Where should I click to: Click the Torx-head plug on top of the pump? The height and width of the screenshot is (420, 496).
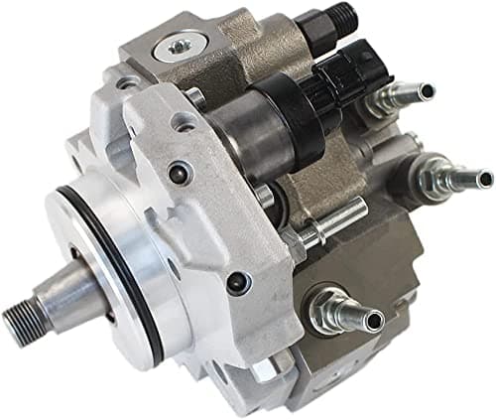[180, 46]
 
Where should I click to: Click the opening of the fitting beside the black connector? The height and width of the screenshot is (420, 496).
[427, 92]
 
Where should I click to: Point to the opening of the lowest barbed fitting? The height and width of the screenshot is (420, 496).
[375, 320]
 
